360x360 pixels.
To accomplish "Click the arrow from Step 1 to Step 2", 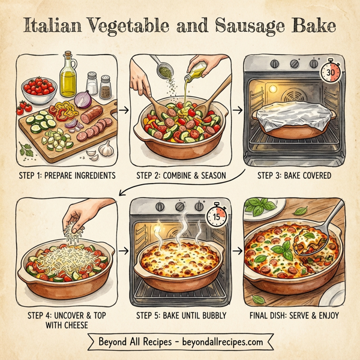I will pos(122,110).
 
